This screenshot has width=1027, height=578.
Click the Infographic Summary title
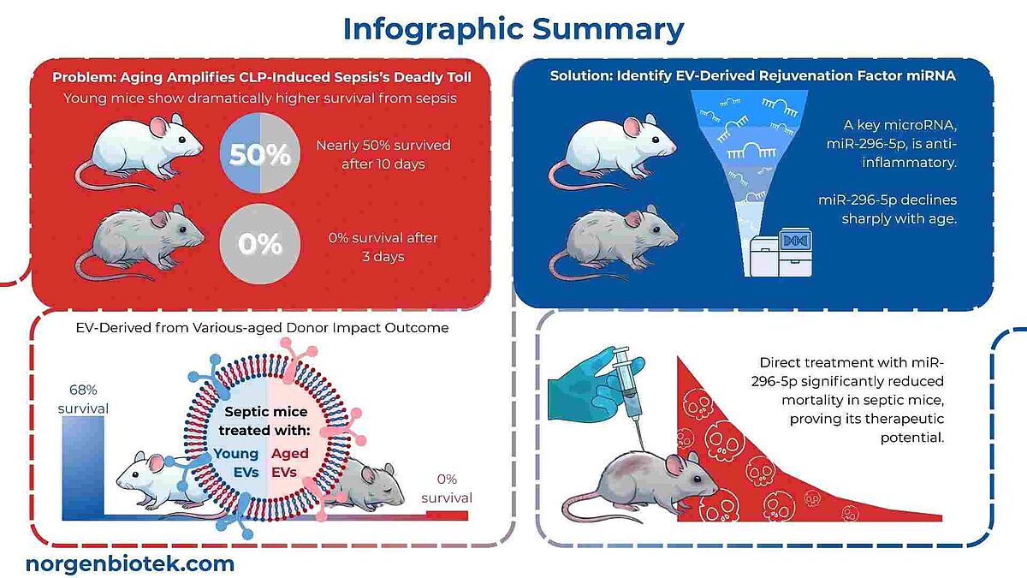click(x=513, y=28)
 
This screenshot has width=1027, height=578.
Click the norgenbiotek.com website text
click(x=130, y=563)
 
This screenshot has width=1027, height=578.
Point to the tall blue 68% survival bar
click(x=84, y=467)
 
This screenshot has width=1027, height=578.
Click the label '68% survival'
click(x=83, y=398)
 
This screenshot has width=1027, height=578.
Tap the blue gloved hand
click(x=582, y=377)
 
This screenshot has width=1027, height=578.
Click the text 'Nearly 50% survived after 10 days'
click(x=382, y=154)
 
